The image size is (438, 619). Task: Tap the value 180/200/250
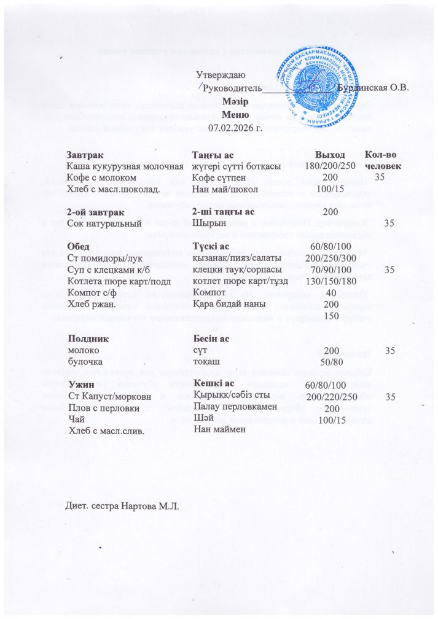(x=330, y=166)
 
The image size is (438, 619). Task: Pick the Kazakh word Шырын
(x=207, y=223)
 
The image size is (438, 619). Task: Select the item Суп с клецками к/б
(x=109, y=269)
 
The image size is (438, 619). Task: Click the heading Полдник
(x=88, y=338)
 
